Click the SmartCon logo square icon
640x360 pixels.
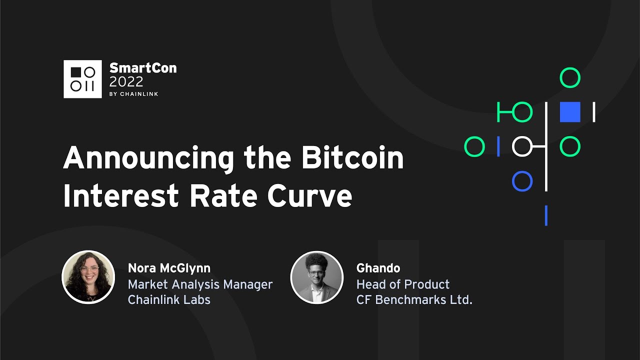point(82,79)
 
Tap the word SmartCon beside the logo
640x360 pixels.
point(142,68)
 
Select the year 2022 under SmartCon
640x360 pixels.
point(126,81)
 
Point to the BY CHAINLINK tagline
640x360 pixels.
point(133,94)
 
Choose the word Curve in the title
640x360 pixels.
point(309,195)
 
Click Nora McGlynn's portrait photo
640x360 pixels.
point(88,277)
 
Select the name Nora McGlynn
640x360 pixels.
point(169,268)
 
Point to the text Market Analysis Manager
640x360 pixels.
point(200,284)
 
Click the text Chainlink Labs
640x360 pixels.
point(169,299)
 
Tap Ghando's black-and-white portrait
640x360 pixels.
point(316,277)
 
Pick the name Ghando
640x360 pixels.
point(378,268)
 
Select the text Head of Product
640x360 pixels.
point(402,284)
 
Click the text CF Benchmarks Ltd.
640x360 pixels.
point(414,299)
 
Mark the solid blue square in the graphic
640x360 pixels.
point(570,112)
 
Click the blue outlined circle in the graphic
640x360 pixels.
point(522,181)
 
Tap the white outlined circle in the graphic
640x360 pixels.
point(522,146)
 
